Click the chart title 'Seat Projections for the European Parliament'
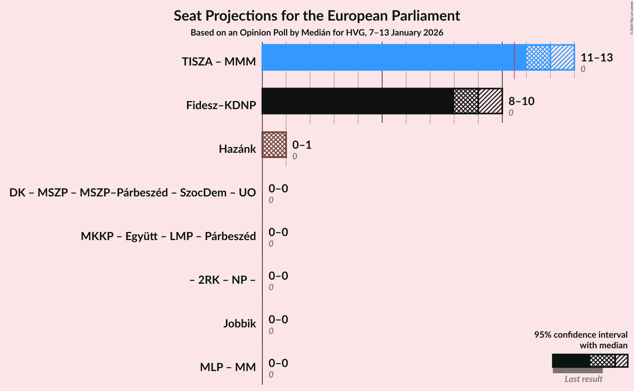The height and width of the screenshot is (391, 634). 317,16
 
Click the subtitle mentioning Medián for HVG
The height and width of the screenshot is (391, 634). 317,33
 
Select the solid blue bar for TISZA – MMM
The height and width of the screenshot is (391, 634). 387,57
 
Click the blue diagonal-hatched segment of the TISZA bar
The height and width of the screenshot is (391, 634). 562,57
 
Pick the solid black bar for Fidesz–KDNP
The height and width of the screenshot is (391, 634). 358,101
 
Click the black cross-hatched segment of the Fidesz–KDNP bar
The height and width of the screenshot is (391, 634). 466,101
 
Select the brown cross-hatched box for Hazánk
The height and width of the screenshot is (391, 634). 274,145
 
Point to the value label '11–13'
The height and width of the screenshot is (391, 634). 597,58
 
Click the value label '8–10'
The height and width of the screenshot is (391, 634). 521,101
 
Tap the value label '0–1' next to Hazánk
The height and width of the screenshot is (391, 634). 302,145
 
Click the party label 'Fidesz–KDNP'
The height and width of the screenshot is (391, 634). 221,105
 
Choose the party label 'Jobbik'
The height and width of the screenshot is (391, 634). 239,324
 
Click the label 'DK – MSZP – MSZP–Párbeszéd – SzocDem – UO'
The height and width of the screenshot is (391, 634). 133,193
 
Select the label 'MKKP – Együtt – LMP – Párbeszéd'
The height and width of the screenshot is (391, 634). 168,236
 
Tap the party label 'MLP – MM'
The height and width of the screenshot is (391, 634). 228,367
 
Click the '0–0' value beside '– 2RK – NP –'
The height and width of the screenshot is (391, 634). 278,276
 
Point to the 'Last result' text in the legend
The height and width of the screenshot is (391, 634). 583,379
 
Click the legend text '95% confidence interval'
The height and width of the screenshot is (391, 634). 581,335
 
